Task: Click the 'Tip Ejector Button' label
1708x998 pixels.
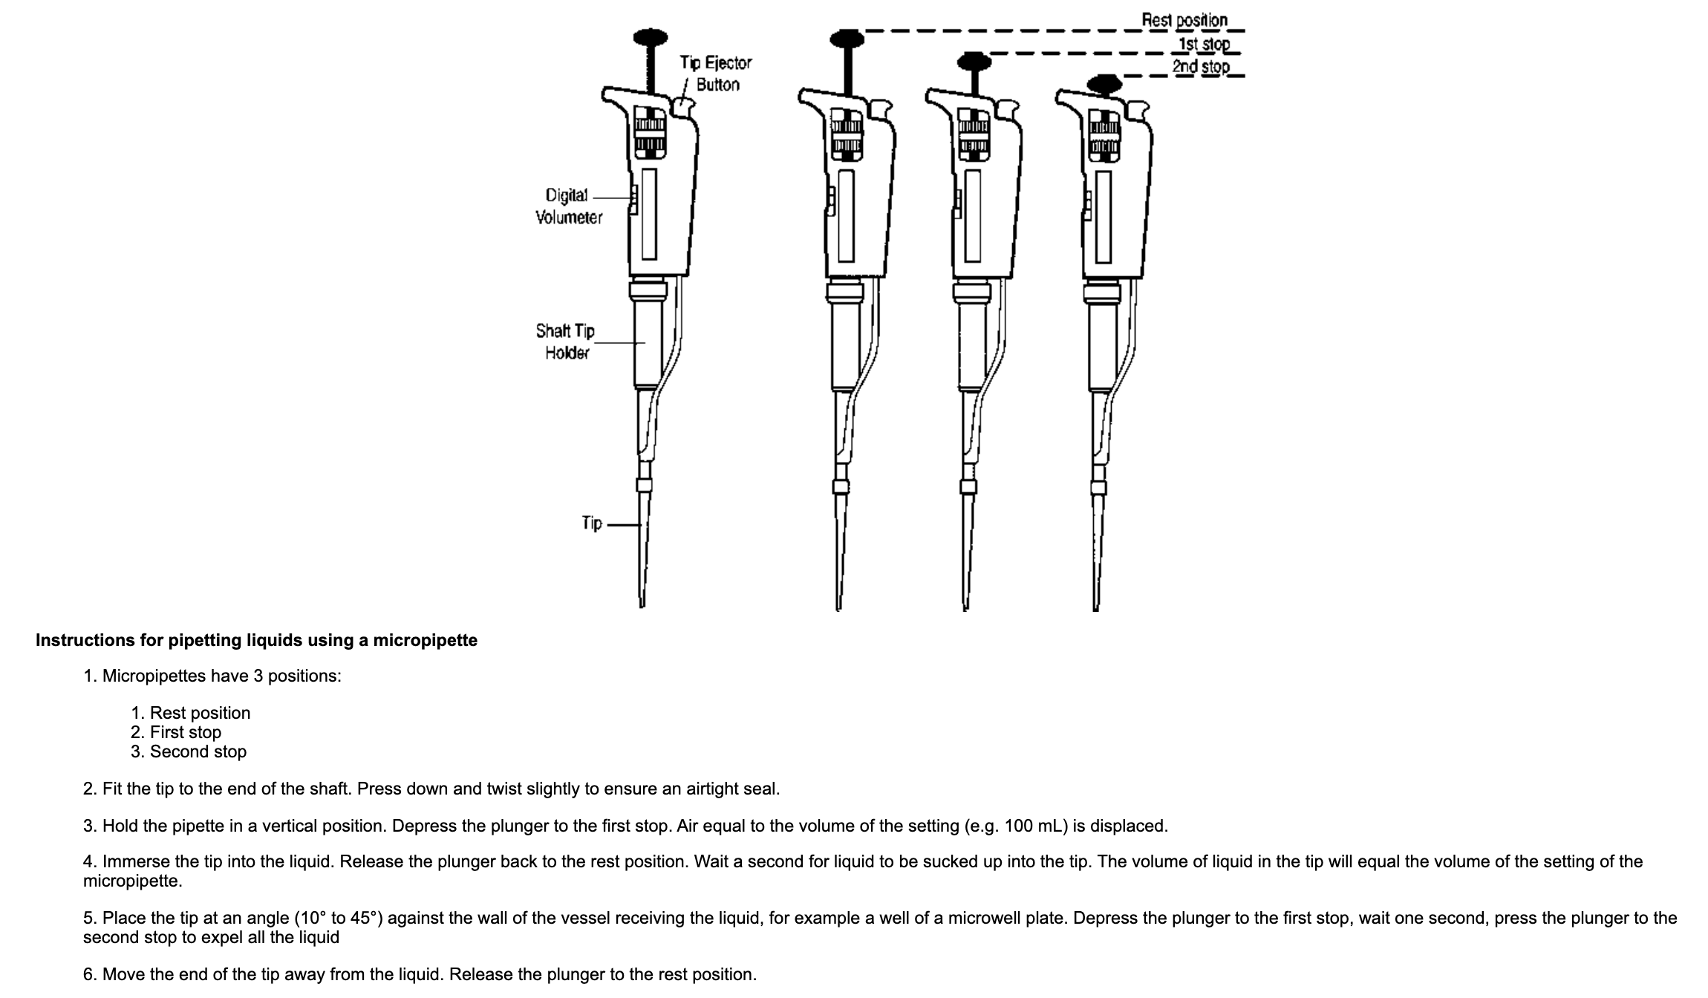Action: tap(715, 74)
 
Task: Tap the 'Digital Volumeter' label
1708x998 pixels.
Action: tap(569, 206)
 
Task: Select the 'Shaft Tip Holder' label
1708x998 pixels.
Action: tap(565, 341)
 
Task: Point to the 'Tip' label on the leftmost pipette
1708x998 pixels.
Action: tap(592, 523)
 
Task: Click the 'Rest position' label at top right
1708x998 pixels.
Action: tap(1184, 20)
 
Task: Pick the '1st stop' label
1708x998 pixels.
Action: tap(1204, 44)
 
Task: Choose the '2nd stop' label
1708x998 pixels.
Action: tap(1200, 67)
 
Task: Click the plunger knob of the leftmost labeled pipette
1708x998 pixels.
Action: tap(650, 37)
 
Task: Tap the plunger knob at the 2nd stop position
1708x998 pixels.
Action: tap(1104, 82)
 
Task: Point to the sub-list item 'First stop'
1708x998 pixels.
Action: tap(185, 732)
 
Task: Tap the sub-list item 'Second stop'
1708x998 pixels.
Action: tap(198, 751)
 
